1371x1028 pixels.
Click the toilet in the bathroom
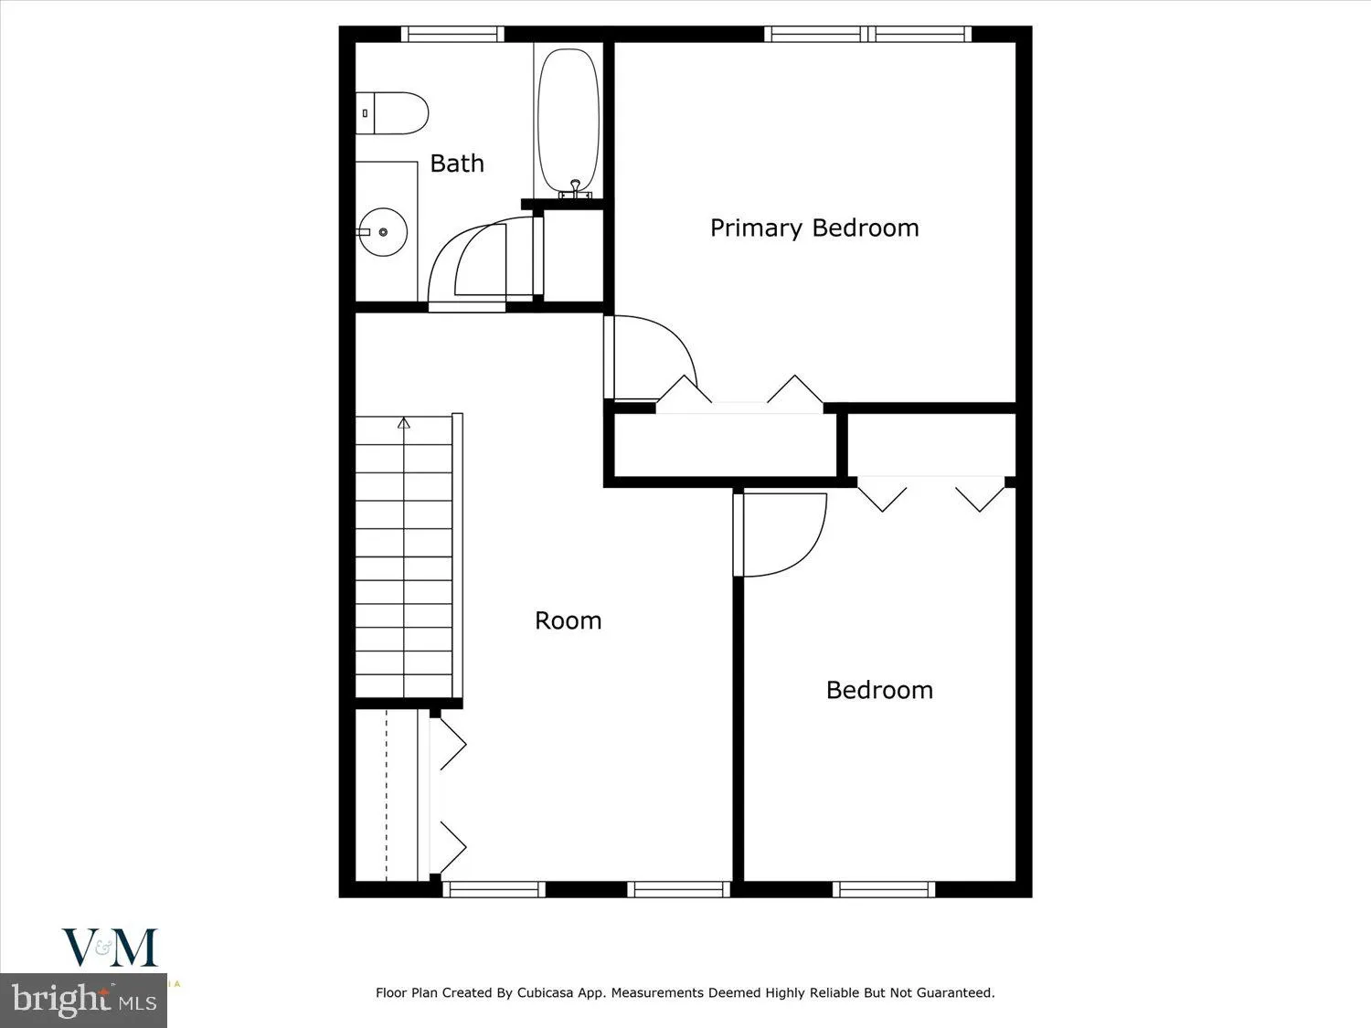click(393, 113)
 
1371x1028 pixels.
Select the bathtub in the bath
click(569, 119)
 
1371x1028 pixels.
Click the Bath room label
click(457, 164)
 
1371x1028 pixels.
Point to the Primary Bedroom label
click(814, 228)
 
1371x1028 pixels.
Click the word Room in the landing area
click(568, 620)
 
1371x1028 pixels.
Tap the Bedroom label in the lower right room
click(879, 690)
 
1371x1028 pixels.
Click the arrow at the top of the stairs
click(404, 422)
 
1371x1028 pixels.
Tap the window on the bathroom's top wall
click(452, 35)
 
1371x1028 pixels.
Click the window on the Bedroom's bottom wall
click(883, 888)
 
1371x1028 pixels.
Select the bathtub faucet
click(575, 188)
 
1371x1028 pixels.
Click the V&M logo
click(110, 948)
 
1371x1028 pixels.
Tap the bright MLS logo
click(84, 1000)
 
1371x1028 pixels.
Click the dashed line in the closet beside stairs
click(387, 795)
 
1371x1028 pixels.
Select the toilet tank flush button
click(366, 113)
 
